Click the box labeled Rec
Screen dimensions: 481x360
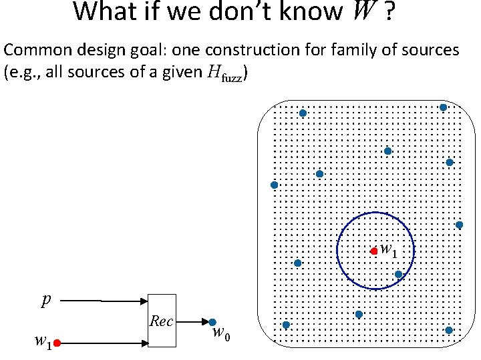point(161,321)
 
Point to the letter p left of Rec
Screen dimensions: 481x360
point(45,301)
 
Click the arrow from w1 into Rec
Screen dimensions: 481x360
point(104,343)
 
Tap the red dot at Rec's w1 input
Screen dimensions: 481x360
point(57,343)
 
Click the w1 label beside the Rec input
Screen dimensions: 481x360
point(43,342)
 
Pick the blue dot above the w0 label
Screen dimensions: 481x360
point(212,322)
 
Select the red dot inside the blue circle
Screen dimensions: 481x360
point(374,251)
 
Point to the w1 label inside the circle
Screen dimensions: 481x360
point(388,250)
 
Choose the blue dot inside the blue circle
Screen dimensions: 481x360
point(398,274)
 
